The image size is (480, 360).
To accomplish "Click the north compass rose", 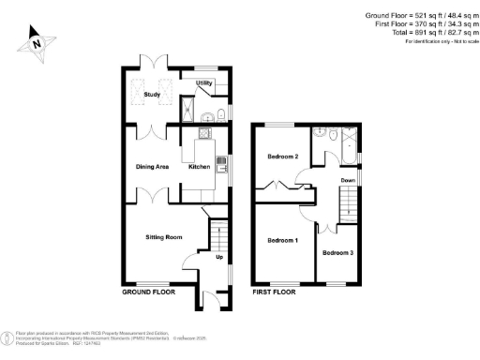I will [x=35, y=43].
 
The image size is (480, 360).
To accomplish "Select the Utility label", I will [x=204, y=83].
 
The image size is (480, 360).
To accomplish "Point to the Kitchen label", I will [x=200, y=167].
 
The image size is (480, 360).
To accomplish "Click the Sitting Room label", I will [x=162, y=238].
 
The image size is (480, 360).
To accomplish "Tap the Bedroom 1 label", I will [x=283, y=241].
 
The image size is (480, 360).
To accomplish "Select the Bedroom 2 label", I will [x=283, y=157].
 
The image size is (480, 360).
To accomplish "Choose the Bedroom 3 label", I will [x=337, y=252].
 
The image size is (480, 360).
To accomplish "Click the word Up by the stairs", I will [x=220, y=256].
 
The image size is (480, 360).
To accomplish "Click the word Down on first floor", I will [x=348, y=180].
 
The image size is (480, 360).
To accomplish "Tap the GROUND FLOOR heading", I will [x=149, y=292].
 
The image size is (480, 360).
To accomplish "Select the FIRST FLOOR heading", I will [x=274, y=292].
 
